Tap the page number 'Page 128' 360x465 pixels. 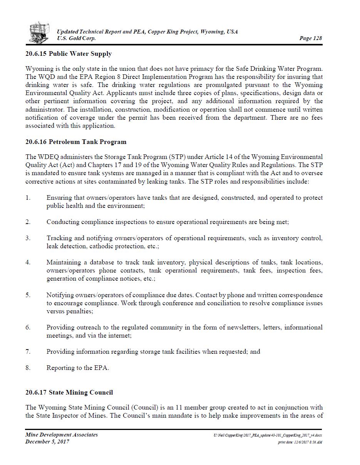[310, 38]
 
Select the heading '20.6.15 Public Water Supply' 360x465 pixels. [69, 54]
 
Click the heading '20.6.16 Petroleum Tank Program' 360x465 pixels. [76, 142]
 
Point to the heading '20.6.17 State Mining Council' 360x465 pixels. [69, 392]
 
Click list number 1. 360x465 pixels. [28, 197]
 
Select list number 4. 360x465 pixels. [28, 262]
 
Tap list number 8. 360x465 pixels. [28, 368]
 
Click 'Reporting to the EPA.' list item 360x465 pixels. [78, 368]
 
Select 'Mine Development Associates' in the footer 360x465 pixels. [62, 435]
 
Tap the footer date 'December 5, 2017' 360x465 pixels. [47, 442]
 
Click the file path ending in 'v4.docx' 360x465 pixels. [268, 435]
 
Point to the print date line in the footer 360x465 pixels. [300, 442]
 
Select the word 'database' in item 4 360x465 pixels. [102, 262]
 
